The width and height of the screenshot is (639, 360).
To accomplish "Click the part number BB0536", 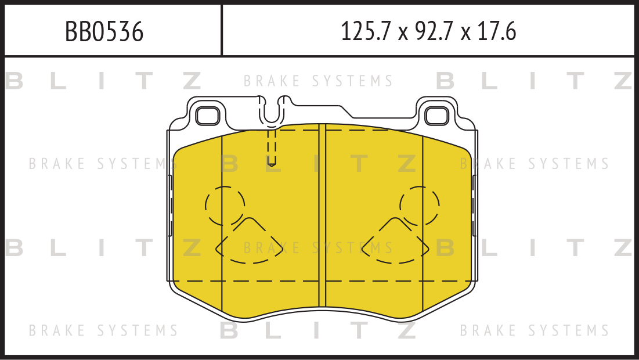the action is tap(104, 32).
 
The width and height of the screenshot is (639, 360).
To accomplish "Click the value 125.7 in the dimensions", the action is tap(366, 32).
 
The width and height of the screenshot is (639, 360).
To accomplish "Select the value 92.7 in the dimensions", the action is tap(434, 32).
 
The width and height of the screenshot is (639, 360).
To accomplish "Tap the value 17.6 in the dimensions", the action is tap(496, 32).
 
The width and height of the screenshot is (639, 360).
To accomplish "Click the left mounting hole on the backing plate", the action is tap(207, 116).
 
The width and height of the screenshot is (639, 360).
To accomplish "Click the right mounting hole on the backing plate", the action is tap(436, 116).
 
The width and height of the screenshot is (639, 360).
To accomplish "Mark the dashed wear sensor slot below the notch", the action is tap(272, 147).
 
